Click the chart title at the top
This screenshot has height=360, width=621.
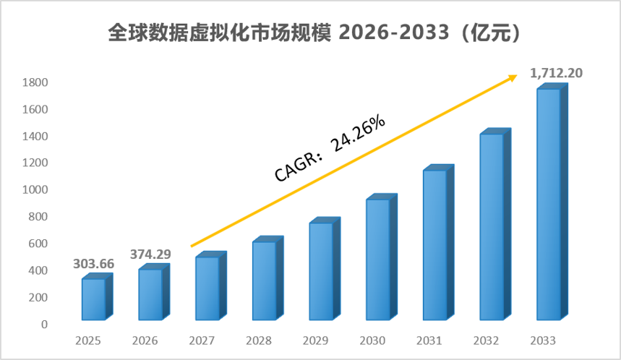pyautogui.click(x=314, y=33)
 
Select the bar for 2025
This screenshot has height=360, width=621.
pyautogui.click(x=97, y=296)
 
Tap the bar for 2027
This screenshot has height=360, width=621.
pyautogui.click(x=210, y=286)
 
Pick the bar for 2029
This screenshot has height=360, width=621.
pyautogui.click(x=325, y=268)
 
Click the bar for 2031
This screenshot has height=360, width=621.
pyautogui.click(x=438, y=242)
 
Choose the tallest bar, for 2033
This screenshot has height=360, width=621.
pyautogui.click(x=552, y=202)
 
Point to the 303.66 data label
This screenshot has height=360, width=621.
pyautogui.click(x=93, y=264)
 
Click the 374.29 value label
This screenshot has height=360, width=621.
pyautogui.click(x=150, y=254)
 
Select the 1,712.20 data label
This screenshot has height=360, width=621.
pyautogui.click(x=556, y=73)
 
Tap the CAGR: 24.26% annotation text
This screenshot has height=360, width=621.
pyautogui.click(x=330, y=148)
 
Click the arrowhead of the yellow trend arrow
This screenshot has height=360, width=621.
pyautogui.click(x=513, y=77)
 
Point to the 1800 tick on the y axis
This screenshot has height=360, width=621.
pyautogui.click(x=35, y=82)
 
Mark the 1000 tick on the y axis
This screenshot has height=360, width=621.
pyautogui.click(x=35, y=189)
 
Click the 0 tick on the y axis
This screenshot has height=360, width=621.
pyautogui.click(x=44, y=325)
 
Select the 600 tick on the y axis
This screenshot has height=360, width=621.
pyautogui.click(x=38, y=244)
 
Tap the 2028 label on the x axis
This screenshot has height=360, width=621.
pyautogui.click(x=259, y=340)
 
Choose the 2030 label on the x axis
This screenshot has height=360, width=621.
pyautogui.click(x=372, y=340)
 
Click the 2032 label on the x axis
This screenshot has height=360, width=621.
pyautogui.click(x=486, y=340)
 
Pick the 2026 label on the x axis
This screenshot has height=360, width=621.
pyautogui.click(x=145, y=340)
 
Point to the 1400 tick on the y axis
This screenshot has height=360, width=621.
pyautogui.click(x=35, y=136)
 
